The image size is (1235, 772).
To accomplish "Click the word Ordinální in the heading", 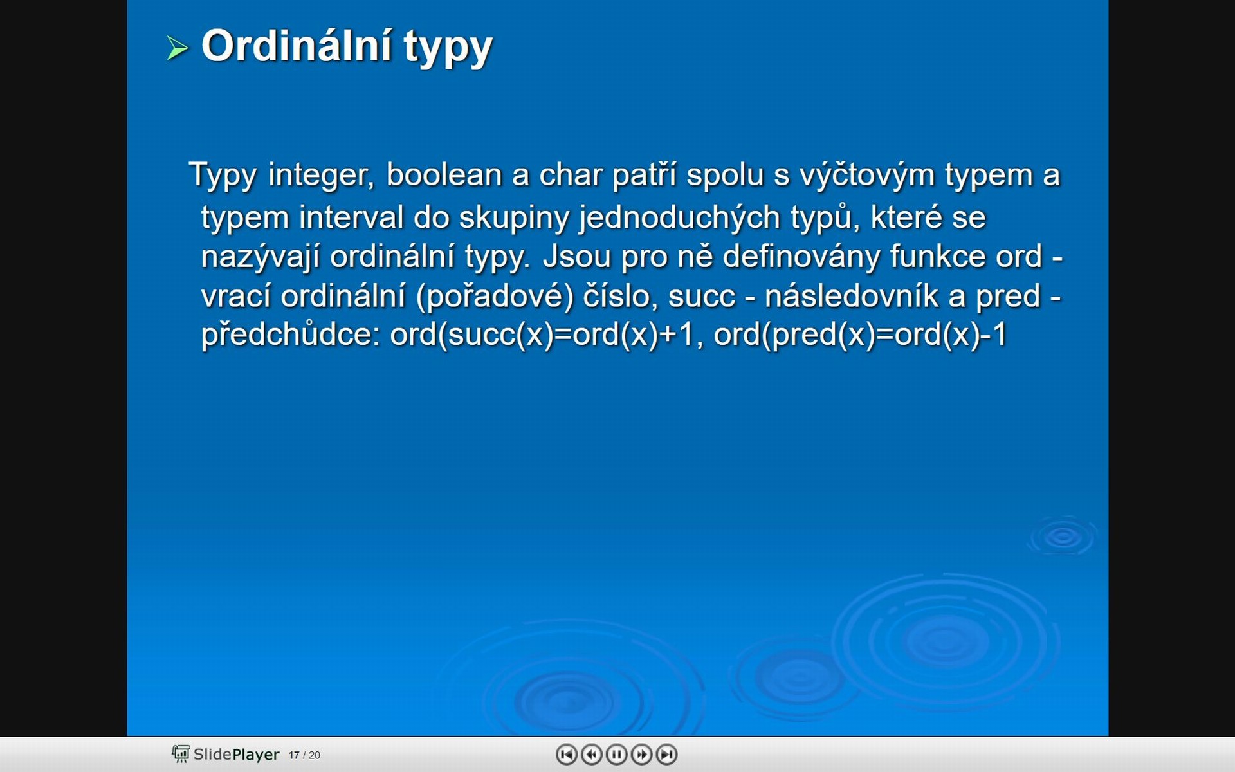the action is tap(297, 46).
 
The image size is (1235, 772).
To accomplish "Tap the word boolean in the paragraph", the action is tap(444, 175).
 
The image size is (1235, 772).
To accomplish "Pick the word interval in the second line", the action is tap(351, 217).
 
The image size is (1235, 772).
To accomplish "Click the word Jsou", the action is tap(576, 256).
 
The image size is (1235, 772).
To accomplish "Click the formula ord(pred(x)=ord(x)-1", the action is tap(860, 335).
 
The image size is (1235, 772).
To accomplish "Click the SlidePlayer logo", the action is tap(226, 754).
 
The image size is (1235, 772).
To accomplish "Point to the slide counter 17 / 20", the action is tap(304, 755).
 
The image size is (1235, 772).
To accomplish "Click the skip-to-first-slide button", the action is tap(566, 754).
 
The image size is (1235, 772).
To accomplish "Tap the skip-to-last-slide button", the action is tap(666, 754).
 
